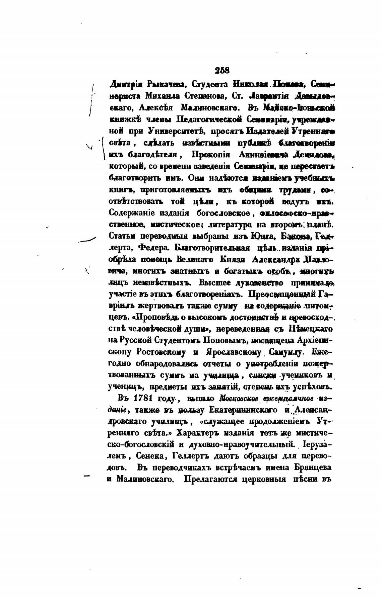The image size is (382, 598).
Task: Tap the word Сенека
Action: point(153,456)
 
